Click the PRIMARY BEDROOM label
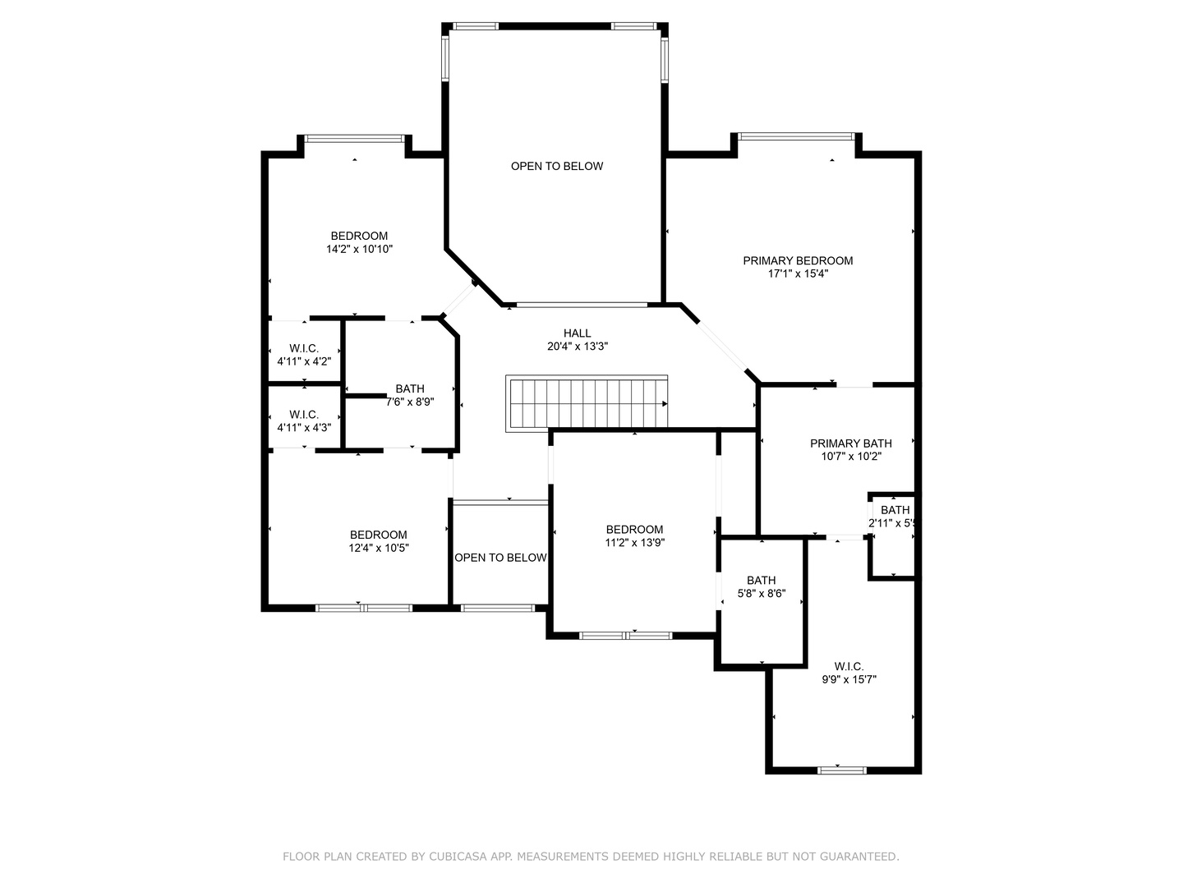pyautogui.click(x=798, y=260)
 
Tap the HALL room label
pyautogui.click(x=577, y=333)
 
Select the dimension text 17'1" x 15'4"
pyautogui.click(x=798, y=274)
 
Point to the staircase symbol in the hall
pyautogui.click(x=587, y=402)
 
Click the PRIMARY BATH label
pyautogui.click(x=850, y=443)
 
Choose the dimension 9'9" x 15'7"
pyautogui.click(x=849, y=680)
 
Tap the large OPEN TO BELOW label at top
pyautogui.click(x=557, y=166)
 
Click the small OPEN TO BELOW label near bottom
pyautogui.click(x=500, y=558)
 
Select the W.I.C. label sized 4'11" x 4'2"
pyautogui.click(x=304, y=348)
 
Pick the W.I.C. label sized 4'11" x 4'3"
pyautogui.click(x=304, y=415)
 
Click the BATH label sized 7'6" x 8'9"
pyautogui.click(x=410, y=388)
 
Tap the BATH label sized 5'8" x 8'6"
pyautogui.click(x=761, y=581)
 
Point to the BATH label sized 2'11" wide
pyautogui.click(x=895, y=510)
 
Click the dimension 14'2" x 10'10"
pyautogui.click(x=359, y=250)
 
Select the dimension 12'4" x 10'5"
pyautogui.click(x=378, y=549)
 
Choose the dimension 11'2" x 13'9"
pyautogui.click(x=634, y=543)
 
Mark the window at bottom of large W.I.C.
pyautogui.click(x=842, y=770)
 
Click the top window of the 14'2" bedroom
pyautogui.click(x=355, y=138)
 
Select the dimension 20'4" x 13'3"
pyautogui.click(x=577, y=347)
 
